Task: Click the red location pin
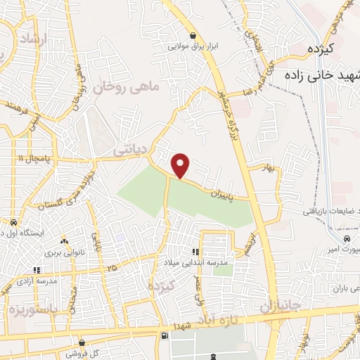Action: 181,165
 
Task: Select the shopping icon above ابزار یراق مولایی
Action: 193,35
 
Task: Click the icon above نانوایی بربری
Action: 65,240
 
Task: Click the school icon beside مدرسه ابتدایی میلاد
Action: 195,252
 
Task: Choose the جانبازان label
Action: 280,307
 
